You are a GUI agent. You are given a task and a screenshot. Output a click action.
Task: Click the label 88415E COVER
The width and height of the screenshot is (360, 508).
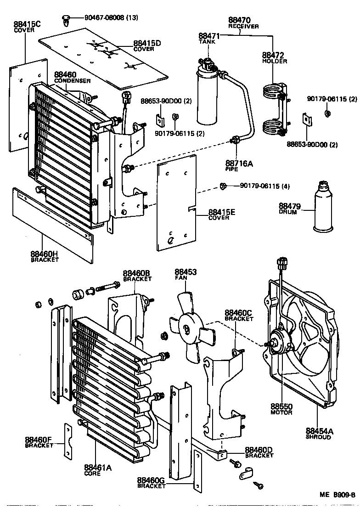(x=221, y=214)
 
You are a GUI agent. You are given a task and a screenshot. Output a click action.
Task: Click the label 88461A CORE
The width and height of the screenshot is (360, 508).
(x=98, y=470)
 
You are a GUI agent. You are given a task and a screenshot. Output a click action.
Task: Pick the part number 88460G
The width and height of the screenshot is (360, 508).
(x=151, y=480)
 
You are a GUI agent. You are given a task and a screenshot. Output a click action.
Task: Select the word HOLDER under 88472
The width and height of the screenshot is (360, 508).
(x=275, y=61)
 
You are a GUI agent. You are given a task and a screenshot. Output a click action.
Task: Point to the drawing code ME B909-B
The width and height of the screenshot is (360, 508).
(x=337, y=495)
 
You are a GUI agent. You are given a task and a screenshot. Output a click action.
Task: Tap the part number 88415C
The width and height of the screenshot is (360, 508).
(x=27, y=24)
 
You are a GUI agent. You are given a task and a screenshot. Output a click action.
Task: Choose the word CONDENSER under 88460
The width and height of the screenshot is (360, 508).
(x=72, y=81)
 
